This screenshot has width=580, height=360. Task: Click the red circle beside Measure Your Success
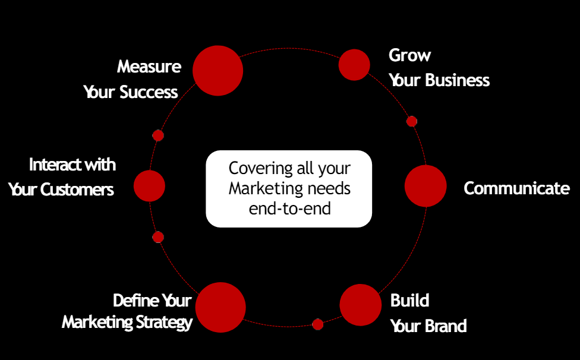(218, 71)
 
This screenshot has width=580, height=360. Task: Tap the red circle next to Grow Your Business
(354, 65)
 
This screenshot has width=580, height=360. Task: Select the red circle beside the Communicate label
(425, 186)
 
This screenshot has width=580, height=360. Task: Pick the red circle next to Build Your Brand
(360, 305)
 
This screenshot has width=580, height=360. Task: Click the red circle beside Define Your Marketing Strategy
(220, 307)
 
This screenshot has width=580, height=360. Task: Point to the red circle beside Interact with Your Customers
(149, 186)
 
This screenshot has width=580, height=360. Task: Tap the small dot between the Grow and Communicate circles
(412, 121)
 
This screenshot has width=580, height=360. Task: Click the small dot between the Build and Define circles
(318, 324)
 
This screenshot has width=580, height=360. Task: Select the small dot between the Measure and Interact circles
(158, 135)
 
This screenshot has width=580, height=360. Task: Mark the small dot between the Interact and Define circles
(158, 237)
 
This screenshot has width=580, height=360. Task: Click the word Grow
(409, 56)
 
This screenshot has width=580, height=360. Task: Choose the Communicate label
(516, 188)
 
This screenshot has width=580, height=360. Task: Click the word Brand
(446, 326)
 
